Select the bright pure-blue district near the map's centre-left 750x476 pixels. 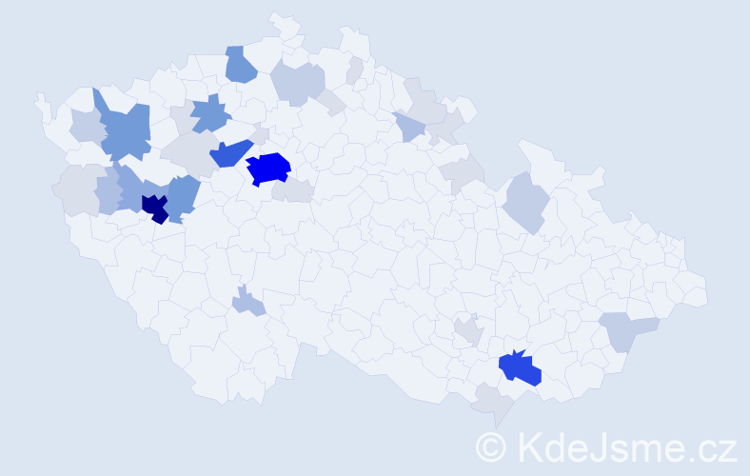point(268,169)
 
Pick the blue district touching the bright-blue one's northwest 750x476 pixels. point(230,152)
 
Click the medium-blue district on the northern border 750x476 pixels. point(241,65)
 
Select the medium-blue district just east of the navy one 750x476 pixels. point(183,196)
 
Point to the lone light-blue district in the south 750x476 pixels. point(247,304)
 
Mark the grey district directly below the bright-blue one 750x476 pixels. point(292,191)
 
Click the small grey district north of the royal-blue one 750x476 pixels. point(467,331)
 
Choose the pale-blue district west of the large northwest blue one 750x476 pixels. point(86,127)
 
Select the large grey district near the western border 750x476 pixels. point(74,189)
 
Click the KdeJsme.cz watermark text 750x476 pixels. point(624,446)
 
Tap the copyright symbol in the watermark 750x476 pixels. point(491,446)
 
